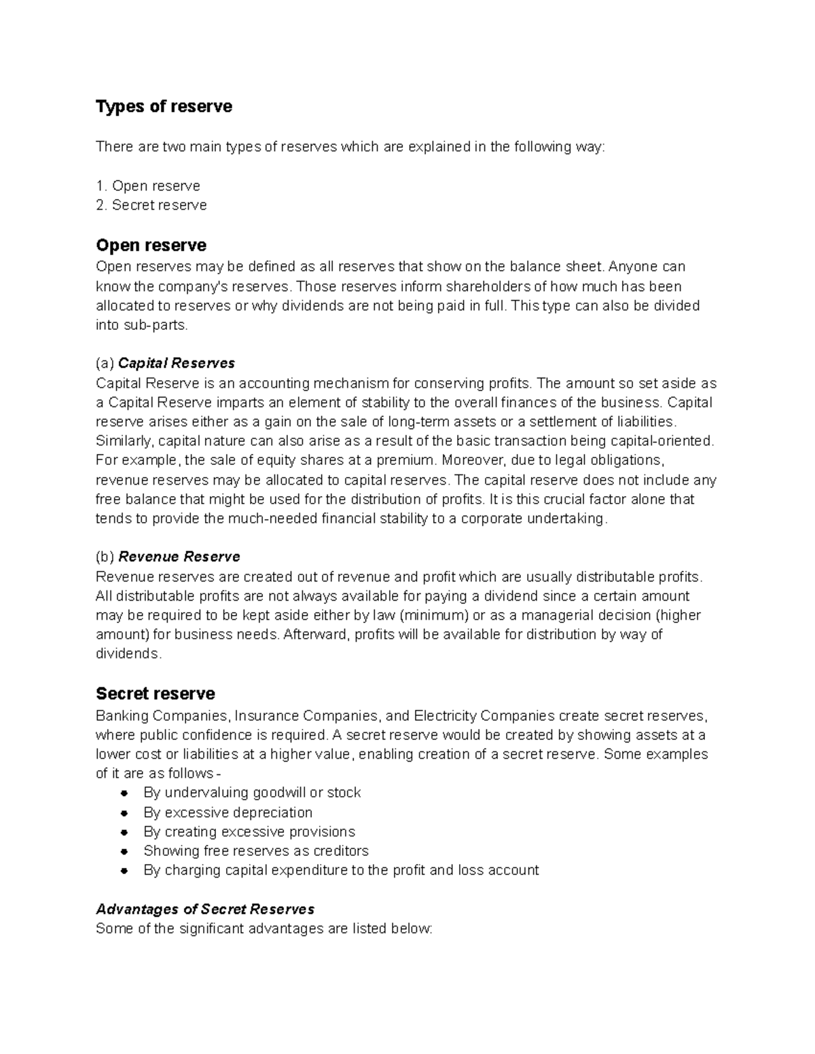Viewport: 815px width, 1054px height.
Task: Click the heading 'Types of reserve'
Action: click(164, 107)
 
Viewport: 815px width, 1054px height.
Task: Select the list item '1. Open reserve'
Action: click(148, 186)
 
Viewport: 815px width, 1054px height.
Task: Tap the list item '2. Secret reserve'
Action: click(151, 205)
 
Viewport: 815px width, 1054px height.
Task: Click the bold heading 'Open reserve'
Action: click(151, 245)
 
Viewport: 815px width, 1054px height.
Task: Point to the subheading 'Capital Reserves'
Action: click(177, 362)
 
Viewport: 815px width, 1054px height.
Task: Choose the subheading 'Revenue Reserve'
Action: click(179, 557)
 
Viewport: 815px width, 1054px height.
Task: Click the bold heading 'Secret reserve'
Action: click(155, 693)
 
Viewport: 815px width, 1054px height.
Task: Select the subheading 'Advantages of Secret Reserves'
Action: click(205, 909)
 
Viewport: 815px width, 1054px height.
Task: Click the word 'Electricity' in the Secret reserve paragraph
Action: click(444, 715)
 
